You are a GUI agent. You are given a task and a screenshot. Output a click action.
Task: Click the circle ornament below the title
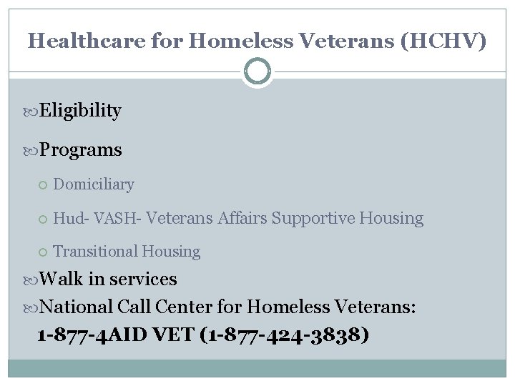coord(257,71)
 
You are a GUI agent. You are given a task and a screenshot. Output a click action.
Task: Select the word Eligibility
coord(80,111)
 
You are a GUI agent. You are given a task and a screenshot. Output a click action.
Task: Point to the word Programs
coord(81,150)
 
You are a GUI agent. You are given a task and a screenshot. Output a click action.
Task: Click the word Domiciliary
coord(94,184)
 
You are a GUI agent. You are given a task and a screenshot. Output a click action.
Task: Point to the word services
coord(142,279)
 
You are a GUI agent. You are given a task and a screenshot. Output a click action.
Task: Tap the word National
coord(77,307)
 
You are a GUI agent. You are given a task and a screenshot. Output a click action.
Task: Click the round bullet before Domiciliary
coord(43,185)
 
